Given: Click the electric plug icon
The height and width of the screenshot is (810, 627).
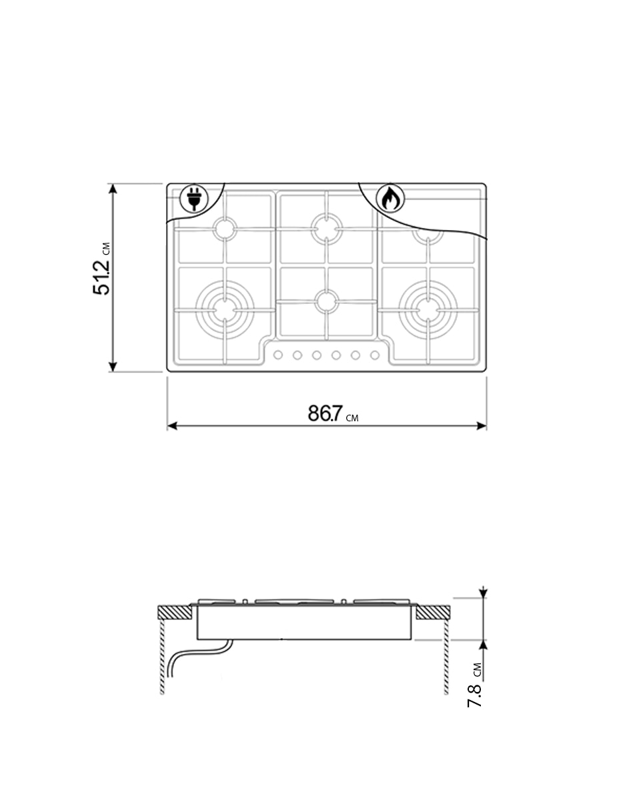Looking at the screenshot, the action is point(194,198).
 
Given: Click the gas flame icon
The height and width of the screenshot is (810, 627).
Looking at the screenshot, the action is point(390,198).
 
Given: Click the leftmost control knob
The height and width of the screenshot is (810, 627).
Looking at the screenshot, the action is point(277,355).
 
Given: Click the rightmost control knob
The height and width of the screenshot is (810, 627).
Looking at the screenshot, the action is point(375,355).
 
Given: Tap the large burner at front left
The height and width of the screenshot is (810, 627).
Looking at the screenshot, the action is point(225,310).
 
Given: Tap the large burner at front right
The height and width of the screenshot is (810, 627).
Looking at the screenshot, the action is point(428,310).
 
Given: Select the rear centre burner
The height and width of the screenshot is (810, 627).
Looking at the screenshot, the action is point(327,229).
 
